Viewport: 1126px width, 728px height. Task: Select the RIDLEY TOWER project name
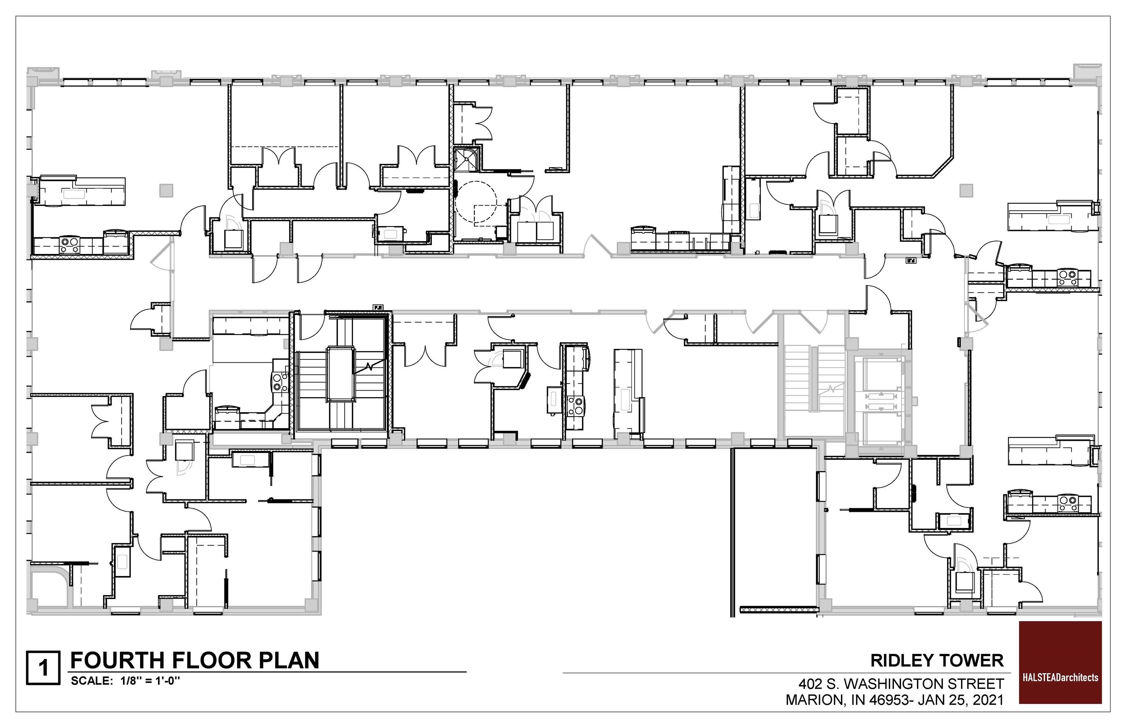[x=937, y=660]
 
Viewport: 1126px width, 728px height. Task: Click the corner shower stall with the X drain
[x=466, y=159]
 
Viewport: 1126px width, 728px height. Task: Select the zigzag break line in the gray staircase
[x=831, y=389]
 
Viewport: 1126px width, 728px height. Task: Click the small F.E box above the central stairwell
[x=378, y=307]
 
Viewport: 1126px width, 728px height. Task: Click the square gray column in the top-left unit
[x=166, y=191]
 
